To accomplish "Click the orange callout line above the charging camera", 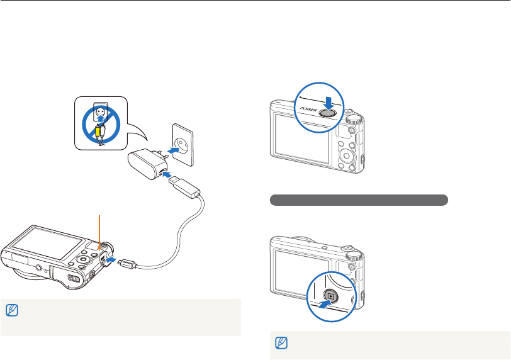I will (99, 227).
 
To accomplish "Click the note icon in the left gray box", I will (11, 310).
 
